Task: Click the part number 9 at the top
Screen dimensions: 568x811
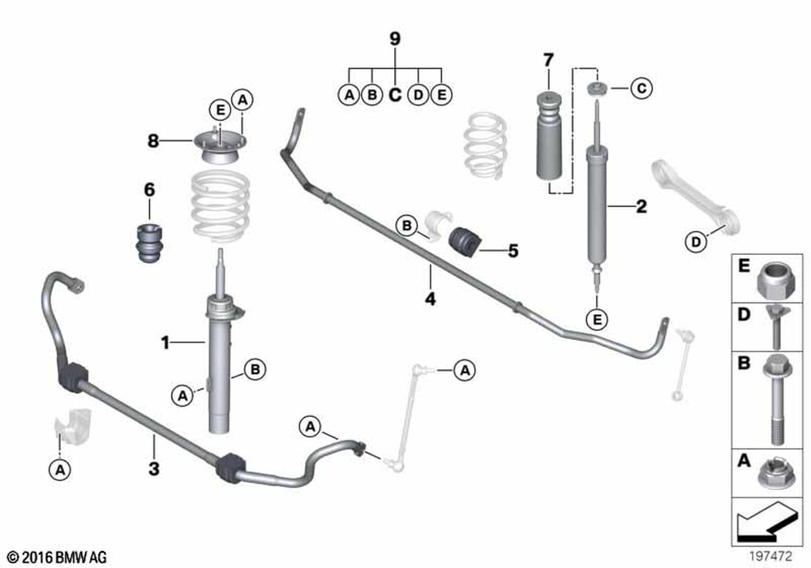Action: [x=395, y=38]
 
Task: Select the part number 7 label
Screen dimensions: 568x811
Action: [x=548, y=59]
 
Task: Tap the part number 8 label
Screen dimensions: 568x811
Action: [x=152, y=140]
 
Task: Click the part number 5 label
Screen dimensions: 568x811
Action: [x=513, y=251]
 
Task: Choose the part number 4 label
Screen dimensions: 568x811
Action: [x=430, y=299]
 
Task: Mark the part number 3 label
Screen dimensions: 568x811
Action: [x=154, y=468]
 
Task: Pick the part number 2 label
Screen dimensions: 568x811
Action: [x=641, y=207]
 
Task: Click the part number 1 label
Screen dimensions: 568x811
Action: [x=165, y=343]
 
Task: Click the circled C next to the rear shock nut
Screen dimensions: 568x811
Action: [x=641, y=88]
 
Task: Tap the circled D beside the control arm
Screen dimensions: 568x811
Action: [x=695, y=241]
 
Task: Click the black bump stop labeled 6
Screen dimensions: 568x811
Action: [x=148, y=241]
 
